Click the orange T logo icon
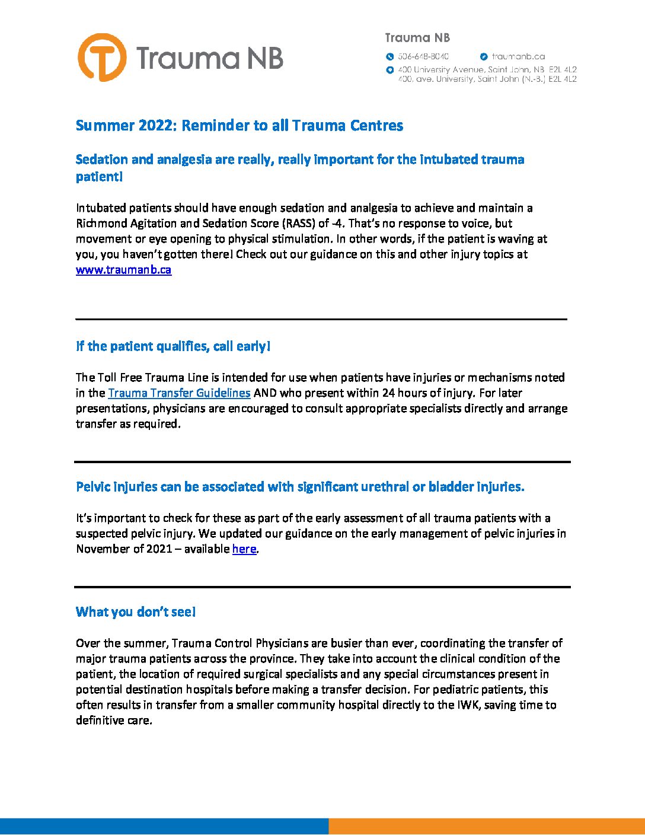102,58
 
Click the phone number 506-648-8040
423,57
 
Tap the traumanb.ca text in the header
518,57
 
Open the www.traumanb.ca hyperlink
123,270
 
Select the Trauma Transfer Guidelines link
179,393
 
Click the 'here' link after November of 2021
244,549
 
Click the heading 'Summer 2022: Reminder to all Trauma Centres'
240,126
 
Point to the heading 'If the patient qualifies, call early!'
173,346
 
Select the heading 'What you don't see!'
136,612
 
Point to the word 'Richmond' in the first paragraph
101,224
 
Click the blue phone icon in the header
389,57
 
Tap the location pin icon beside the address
389,70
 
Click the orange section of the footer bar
486,827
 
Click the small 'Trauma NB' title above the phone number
417,38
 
